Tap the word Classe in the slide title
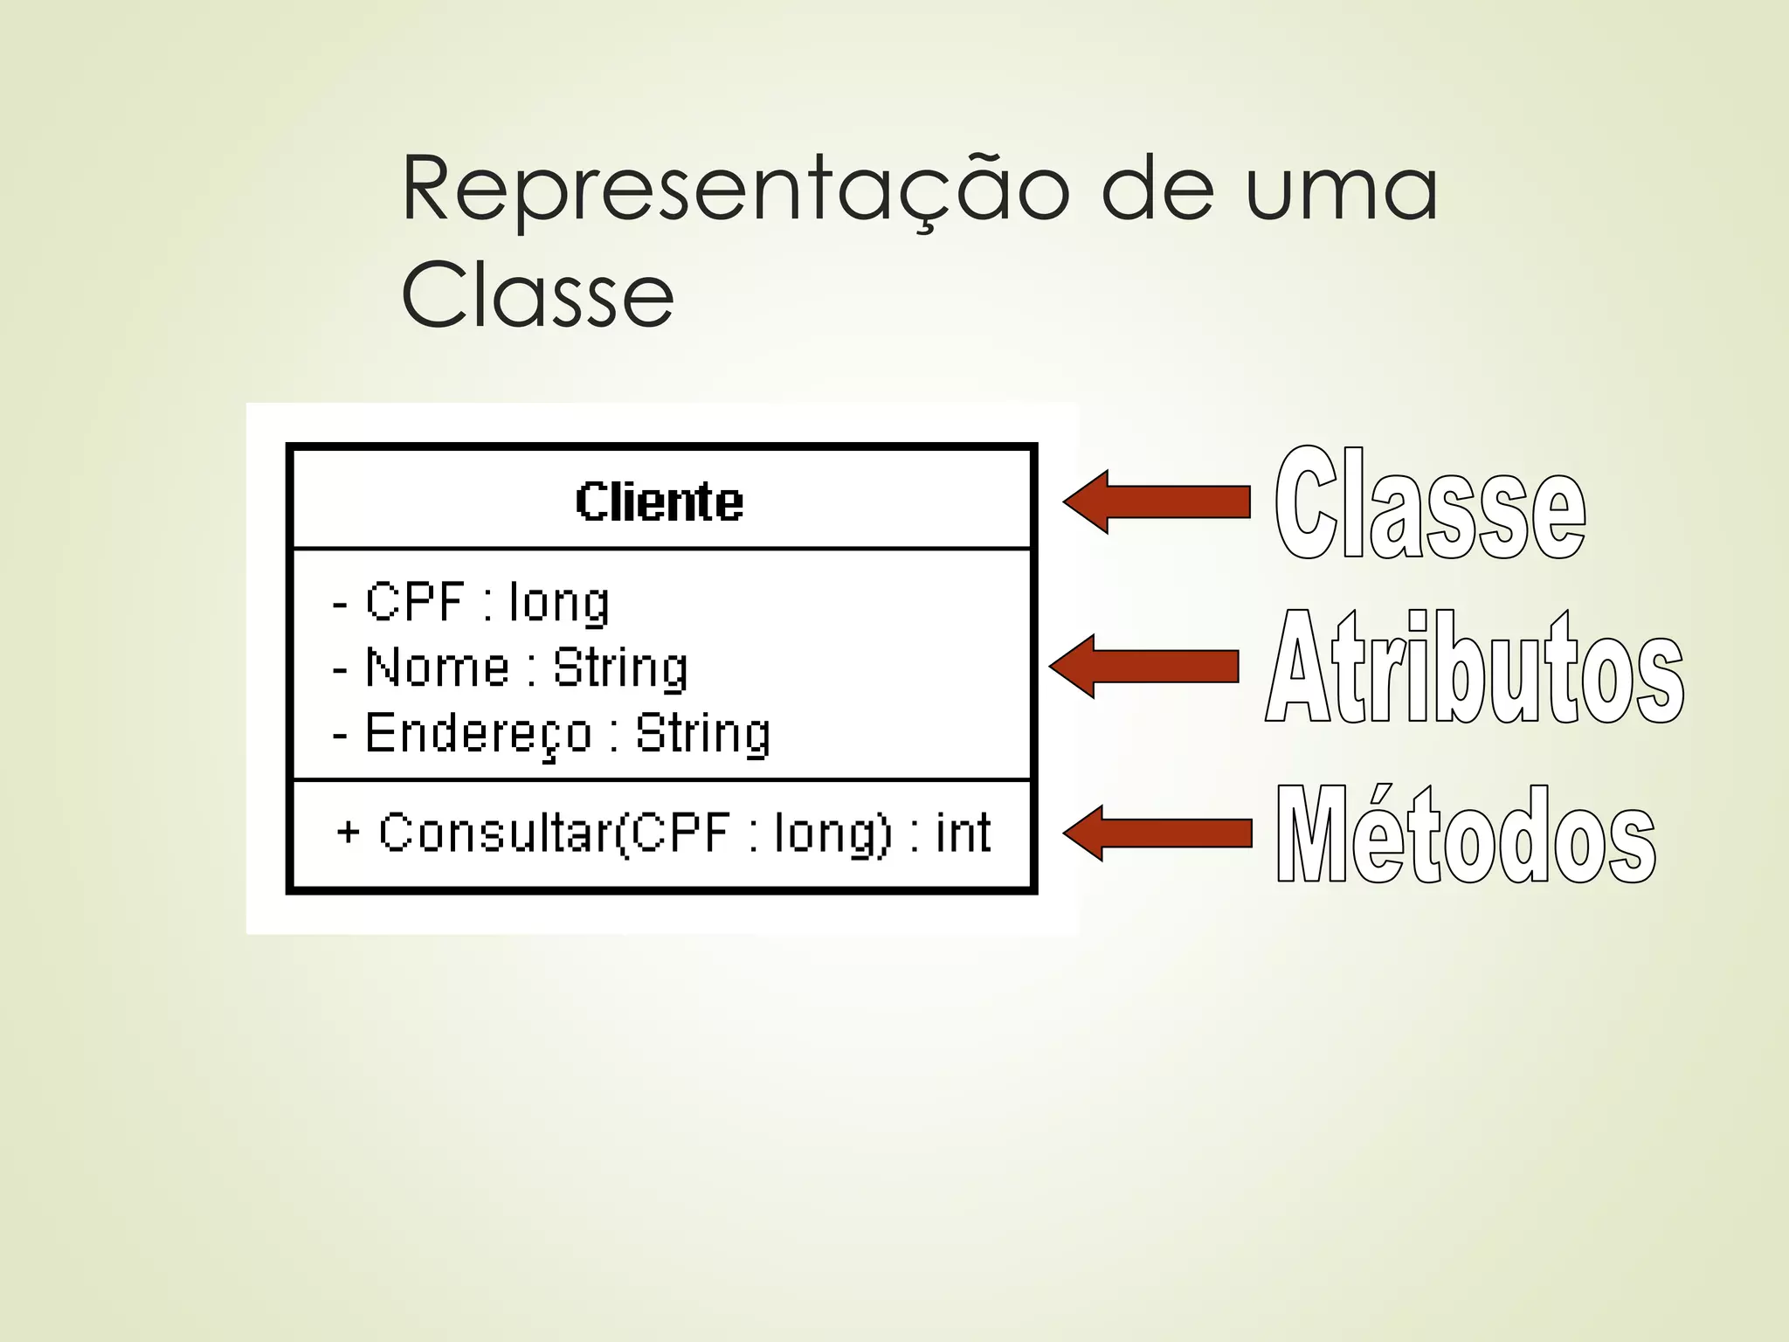537,294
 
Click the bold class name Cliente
660,502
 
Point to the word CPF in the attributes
415,601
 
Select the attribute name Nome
438,668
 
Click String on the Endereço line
703,734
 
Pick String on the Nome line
621,668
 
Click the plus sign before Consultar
348,831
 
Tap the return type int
964,832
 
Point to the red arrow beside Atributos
1143,666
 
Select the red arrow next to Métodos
1157,833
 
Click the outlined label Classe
1430,504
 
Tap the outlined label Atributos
1475,668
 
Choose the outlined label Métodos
1466,834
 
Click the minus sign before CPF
341,603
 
